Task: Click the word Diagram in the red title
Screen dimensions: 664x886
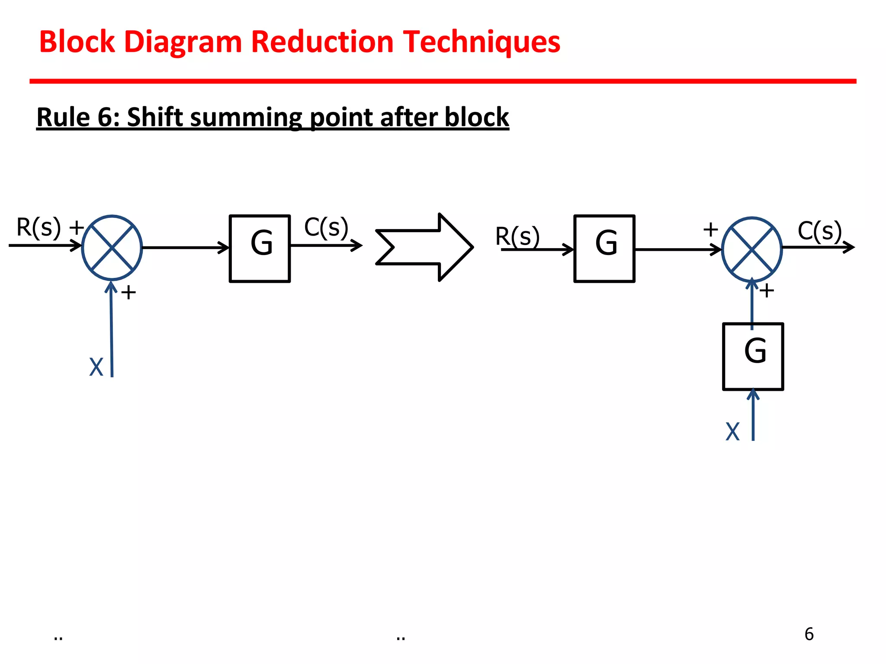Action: pos(183,42)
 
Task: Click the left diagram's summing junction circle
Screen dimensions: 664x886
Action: pos(112,248)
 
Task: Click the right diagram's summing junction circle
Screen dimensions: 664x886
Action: pos(752,249)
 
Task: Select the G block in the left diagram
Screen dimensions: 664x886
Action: pos(260,248)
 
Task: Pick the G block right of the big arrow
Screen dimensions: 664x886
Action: pos(604,248)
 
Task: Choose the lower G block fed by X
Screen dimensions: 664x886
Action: pos(753,356)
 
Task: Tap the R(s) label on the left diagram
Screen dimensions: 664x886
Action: pos(38,227)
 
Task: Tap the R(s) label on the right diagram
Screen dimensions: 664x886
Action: pos(517,236)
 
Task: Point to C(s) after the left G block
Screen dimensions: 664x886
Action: pos(326,227)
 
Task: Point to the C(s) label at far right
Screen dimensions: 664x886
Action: pos(819,231)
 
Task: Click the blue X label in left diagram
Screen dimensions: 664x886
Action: pos(96,367)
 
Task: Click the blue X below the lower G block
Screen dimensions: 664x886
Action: pos(732,431)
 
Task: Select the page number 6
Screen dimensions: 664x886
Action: pos(809,634)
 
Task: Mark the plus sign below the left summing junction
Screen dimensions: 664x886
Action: pos(128,293)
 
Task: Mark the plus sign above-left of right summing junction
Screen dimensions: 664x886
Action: pos(710,229)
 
